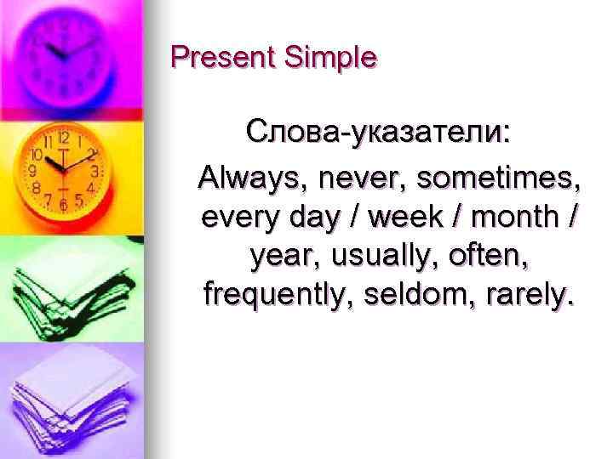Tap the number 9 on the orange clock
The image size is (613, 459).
pos(32,170)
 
